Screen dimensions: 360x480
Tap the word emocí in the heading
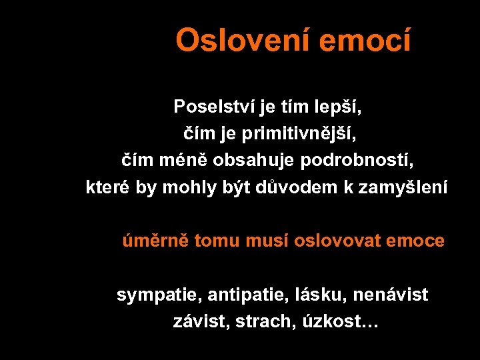point(365,41)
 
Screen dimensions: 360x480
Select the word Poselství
point(206,107)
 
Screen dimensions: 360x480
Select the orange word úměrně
point(155,241)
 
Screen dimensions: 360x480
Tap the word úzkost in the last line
point(329,321)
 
